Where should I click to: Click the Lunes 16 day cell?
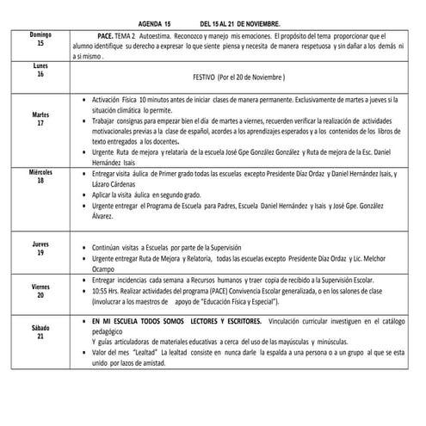40,70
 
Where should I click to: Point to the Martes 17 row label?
40,119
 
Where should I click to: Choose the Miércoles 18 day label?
40,176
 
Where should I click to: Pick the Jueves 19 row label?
40,249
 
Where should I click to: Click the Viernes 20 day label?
40,289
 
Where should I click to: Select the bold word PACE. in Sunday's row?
107,39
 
